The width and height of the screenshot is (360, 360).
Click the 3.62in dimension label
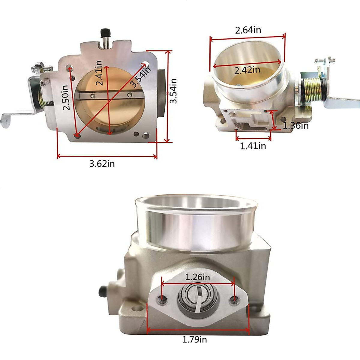coord(102,164)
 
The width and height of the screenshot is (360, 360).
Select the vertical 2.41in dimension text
coord(99,73)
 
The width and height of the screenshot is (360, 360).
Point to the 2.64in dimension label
coord(248,30)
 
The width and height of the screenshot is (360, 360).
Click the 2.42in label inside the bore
coord(247,70)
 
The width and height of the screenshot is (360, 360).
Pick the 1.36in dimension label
coord(295,125)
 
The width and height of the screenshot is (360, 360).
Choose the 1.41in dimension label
coord(253,146)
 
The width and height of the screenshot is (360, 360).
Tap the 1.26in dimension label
coord(197,277)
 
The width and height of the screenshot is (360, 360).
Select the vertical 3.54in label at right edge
coord(173,91)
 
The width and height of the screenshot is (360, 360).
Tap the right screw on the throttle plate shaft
coord(129,95)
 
